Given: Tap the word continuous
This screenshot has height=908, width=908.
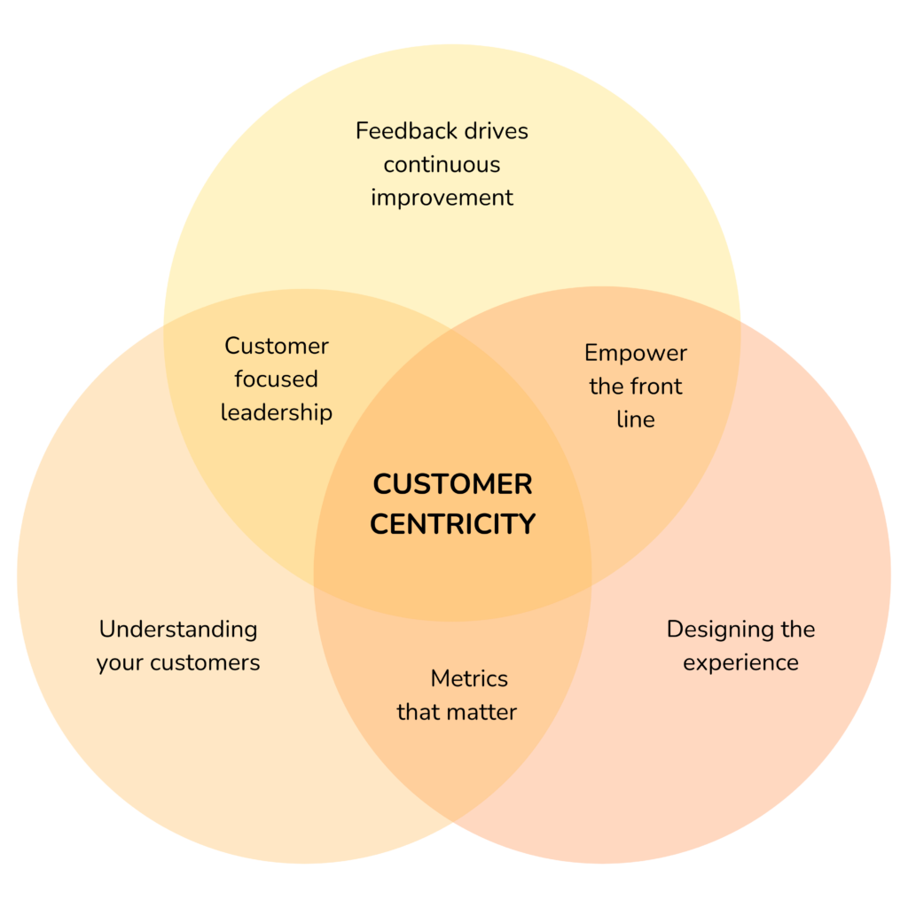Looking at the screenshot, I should click(442, 165).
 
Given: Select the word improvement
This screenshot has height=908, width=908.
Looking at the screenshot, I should click(442, 198).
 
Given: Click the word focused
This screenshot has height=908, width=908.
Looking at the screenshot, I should click(276, 380).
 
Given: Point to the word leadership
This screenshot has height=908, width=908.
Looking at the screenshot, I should click(276, 412).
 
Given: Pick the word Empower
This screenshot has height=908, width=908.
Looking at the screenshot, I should click(636, 354).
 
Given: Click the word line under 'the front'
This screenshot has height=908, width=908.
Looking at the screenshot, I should click(636, 419).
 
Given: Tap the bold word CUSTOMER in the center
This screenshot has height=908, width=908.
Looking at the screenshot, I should click(452, 485).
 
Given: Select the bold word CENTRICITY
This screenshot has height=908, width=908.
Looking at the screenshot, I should click(452, 524).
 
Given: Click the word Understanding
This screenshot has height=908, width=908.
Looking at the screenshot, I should click(178, 630).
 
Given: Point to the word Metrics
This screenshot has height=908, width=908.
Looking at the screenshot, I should click(469, 679).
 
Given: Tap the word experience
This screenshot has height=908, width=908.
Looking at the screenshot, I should click(740, 663).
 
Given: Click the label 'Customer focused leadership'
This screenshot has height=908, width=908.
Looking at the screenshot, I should click(276, 380).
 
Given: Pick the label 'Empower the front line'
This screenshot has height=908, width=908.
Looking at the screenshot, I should click(636, 387).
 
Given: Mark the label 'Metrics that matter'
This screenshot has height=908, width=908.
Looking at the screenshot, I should click(457, 695).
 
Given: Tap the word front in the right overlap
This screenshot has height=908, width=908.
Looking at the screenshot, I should click(655, 387).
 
